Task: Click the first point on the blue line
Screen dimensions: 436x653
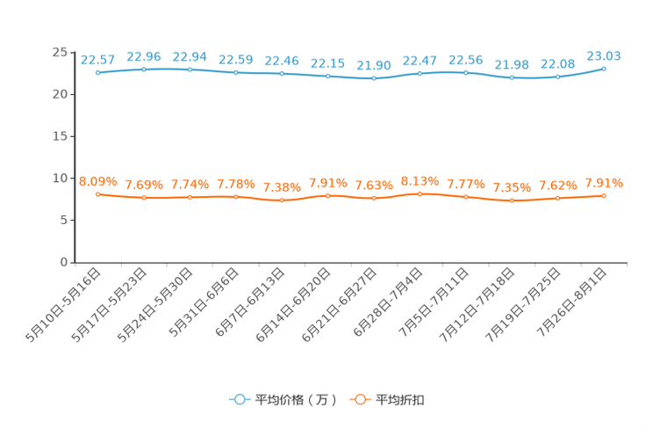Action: (x=97, y=73)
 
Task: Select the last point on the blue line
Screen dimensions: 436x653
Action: (x=604, y=68)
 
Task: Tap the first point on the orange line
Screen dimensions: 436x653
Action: (x=97, y=193)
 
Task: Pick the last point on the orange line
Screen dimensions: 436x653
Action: (x=604, y=195)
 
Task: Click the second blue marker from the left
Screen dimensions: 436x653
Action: (x=143, y=69)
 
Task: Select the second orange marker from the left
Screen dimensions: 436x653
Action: (x=143, y=198)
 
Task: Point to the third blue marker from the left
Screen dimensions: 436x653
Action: (x=190, y=69)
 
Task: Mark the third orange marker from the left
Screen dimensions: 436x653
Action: (x=190, y=197)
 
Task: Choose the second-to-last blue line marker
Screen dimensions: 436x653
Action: (x=557, y=77)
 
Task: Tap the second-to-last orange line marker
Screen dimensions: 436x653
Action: (x=557, y=199)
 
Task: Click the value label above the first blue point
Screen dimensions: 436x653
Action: (x=97, y=60)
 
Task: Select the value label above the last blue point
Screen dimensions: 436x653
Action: (x=604, y=55)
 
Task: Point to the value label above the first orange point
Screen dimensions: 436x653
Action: (x=97, y=180)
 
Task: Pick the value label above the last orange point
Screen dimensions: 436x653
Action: (x=604, y=183)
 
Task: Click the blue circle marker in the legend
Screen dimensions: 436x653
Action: (x=239, y=399)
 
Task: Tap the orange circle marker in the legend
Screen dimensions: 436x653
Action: (x=360, y=399)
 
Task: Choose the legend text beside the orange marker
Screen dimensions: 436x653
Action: (x=401, y=400)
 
